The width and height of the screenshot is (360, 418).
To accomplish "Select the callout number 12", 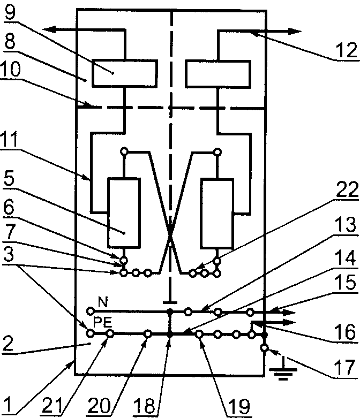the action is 346,50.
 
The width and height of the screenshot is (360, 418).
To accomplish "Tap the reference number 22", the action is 347,189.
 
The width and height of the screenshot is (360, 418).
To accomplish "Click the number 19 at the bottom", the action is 239,406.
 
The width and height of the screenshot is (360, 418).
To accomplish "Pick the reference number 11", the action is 9,139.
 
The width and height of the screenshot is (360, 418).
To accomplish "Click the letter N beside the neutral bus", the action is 103,302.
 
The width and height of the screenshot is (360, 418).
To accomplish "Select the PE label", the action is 102,322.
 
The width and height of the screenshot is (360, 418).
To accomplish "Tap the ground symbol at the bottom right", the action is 283,369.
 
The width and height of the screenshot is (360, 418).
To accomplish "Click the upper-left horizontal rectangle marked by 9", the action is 125,73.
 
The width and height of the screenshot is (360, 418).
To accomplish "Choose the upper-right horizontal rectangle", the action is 217,74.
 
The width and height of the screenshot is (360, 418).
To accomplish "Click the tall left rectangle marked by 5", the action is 124,212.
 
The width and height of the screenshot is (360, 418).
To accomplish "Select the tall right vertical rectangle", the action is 217,213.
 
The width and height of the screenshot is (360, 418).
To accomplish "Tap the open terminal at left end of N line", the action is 91,311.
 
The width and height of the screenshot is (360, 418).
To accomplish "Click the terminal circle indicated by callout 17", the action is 264,348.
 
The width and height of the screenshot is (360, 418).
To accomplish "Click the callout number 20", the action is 99,406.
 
